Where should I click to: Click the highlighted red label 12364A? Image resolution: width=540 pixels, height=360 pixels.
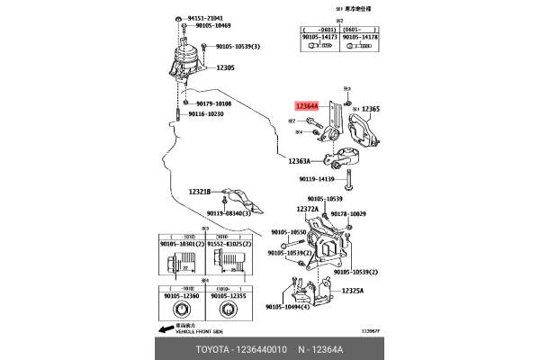(x=307, y=107)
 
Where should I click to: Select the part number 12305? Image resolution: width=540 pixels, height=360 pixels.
(x=225, y=67)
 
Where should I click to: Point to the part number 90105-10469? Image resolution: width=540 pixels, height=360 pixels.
(x=209, y=26)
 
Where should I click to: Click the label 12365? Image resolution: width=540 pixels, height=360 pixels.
(x=371, y=109)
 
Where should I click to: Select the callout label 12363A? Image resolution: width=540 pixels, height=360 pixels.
(x=300, y=161)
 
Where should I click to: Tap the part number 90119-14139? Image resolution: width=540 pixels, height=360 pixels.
(x=323, y=179)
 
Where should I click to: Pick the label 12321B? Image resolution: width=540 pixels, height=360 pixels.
(x=199, y=192)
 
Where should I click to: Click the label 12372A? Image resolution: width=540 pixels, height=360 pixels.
(x=308, y=209)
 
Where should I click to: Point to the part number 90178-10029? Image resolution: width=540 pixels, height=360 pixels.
(x=349, y=214)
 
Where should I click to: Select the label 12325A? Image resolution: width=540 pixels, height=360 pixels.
(x=352, y=291)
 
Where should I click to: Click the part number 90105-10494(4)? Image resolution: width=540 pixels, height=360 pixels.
(x=289, y=307)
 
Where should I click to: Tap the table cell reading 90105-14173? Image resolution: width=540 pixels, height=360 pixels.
(x=322, y=37)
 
